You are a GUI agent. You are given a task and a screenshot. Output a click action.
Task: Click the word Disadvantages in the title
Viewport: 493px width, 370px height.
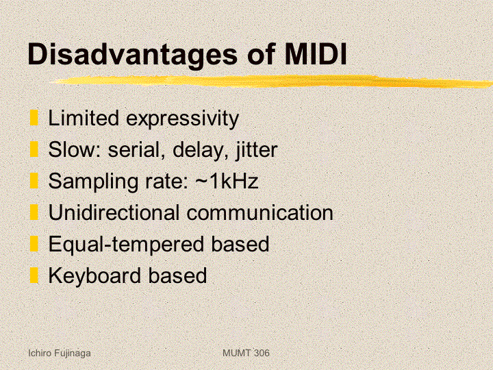point(132,55)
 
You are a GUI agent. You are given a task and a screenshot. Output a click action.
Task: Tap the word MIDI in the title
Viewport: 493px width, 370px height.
point(316,53)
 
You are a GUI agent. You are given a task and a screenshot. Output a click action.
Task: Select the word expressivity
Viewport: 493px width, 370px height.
point(182,119)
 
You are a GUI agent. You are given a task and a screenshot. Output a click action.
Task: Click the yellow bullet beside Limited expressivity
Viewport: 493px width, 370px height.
point(34,117)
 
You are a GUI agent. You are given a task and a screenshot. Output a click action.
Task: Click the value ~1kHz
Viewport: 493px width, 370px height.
point(227,181)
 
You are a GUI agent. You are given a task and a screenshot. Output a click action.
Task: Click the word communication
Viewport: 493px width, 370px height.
point(260,212)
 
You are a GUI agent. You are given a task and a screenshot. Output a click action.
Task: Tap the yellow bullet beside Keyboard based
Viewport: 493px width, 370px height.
point(34,275)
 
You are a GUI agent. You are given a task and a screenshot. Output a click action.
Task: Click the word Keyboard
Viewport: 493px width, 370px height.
point(94,275)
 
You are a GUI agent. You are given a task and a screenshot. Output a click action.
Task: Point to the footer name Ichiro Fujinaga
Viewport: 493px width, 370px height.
point(60,354)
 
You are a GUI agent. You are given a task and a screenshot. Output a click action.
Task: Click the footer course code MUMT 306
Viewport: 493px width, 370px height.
point(246,353)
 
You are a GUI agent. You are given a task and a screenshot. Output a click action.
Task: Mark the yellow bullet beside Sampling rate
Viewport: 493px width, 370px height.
point(34,181)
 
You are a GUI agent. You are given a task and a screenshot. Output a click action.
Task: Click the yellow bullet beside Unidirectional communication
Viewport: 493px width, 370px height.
point(34,212)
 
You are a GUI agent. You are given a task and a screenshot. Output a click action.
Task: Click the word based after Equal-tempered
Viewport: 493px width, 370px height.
point(240,244)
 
